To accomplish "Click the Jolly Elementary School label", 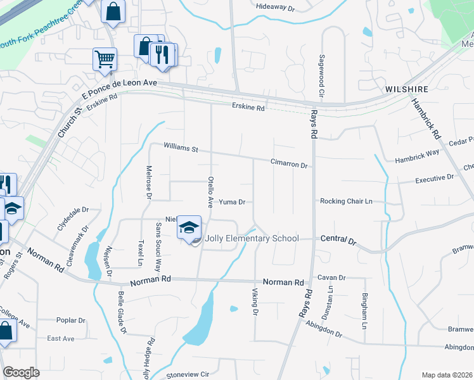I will pos(252,239).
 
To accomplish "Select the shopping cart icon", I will pos(105,60).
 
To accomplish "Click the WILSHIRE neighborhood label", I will pos(406,90).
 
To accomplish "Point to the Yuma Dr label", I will pos(232,202).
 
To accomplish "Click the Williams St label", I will pos(181,148).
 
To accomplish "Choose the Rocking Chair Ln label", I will pos(345,201).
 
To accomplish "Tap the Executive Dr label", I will pos(434,180).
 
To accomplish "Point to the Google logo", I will pos(21,372).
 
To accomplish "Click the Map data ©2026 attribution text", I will pos(446,375).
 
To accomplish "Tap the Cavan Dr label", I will pos(331,277).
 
